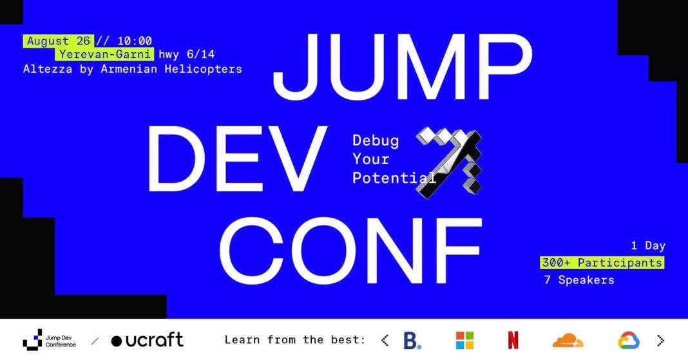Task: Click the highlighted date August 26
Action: tap(59, 41)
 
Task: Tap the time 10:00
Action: tap(135, 41)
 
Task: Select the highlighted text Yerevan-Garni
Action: tap(104, 54)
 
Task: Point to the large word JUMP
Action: tap(403, 67)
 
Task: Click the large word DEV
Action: tap(238, 158)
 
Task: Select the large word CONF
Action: tap(350, 250)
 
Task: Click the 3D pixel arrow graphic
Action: tap(449, 163)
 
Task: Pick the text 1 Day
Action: tap(648, 245)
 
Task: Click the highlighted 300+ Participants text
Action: tap(602, 263)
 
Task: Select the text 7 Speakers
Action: tap(579, 279)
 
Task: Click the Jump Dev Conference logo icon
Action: tap(32, 340)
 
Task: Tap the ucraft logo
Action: tap(147, 340)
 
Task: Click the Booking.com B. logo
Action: tap(412, 340)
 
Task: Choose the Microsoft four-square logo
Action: tap(464, 340)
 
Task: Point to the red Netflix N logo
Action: tap(513, 340)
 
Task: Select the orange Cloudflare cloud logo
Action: tap(568, 340)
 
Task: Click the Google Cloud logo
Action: tap(629, 340)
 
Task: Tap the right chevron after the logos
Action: tap(661, 340)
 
